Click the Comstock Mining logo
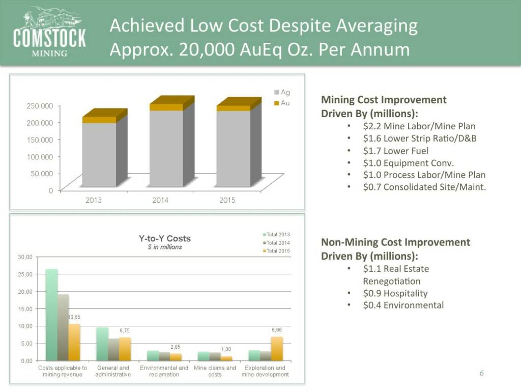point(49,33)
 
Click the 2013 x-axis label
point(93,200)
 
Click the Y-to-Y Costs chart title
point(165,238)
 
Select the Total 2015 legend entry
point(276,251)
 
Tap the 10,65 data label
point(74,317)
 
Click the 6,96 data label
point(277,330)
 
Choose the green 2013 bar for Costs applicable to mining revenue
point(51,314)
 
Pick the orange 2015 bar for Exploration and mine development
point(277,348)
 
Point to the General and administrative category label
point(113,371)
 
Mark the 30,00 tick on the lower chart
point(25,257)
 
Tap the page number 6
point(481,374)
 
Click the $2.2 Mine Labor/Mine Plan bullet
point(419,126)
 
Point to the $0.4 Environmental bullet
point(403,305)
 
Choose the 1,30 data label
point(226,349)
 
